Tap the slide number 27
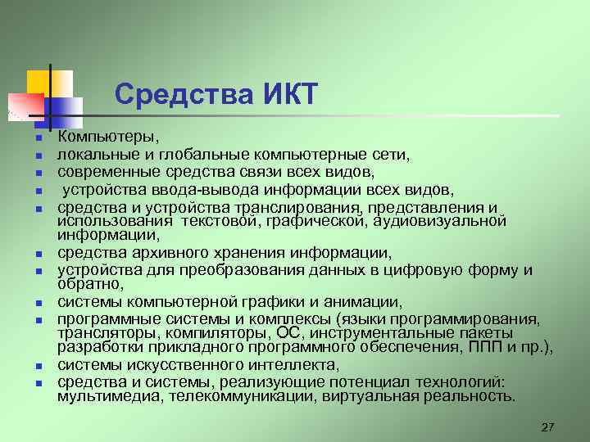point(548,428)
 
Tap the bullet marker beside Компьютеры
point(39,136)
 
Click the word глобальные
point(192,154)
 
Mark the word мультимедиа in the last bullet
point(102,397)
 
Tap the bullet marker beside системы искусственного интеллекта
point(39,366)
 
